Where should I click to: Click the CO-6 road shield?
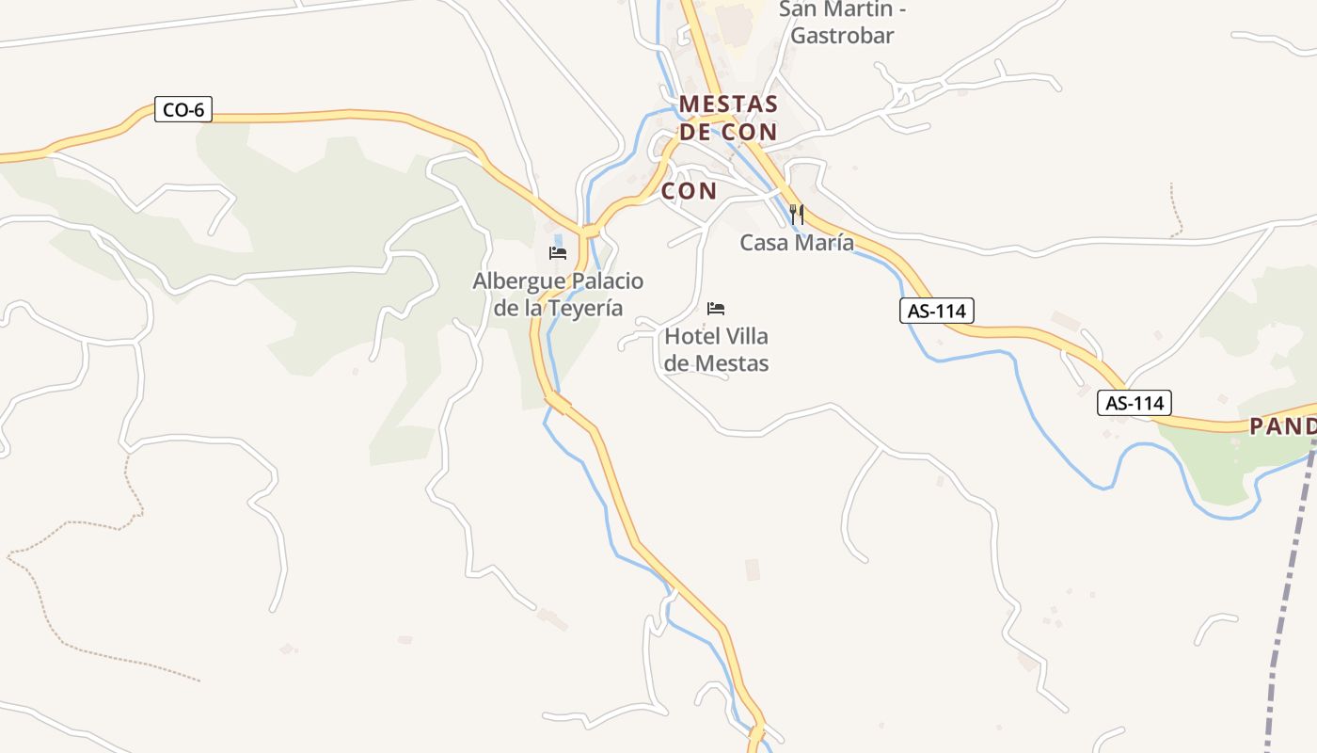coord(183,110)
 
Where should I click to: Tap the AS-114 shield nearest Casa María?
coord(936,311)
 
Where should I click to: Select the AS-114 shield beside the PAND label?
coord(1135,404)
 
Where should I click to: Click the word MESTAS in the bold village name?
coord(728,104)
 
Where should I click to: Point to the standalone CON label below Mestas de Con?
coord(689,191)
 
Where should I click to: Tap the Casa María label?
coord(797,243)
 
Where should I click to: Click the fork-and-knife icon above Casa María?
coord(797,214)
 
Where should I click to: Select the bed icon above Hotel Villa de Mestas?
coord(716,308)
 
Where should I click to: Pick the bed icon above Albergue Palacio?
coord(558,252)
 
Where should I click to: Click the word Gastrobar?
coord(842,36)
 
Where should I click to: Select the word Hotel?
coord(692,336)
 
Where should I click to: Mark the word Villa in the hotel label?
coord(747,336)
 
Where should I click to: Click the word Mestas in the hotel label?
coord(730,363)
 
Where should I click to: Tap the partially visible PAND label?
coord(1282,426)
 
